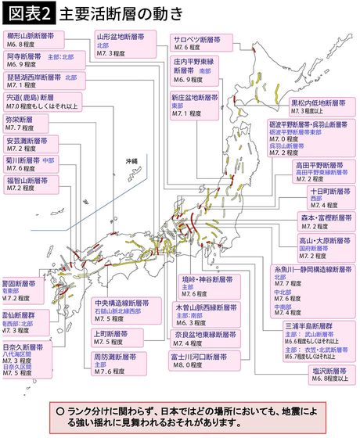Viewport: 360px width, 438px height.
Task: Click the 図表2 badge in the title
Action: (27, 13)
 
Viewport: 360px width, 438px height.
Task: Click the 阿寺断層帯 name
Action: (24, 57)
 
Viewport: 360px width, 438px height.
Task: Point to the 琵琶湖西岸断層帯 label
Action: (33, 78)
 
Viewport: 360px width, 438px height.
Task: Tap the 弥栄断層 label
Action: (20, 120)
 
